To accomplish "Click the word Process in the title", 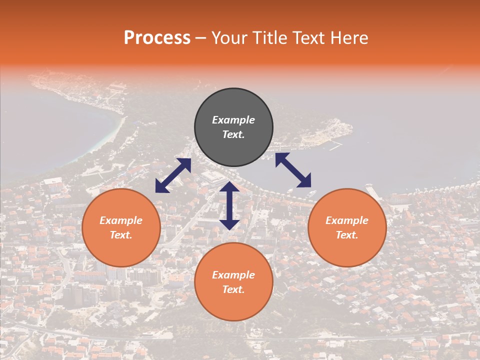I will click(x=157, y=38).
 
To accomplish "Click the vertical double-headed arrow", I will click(x=229, y=205).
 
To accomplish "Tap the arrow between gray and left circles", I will click(x=173, y=175).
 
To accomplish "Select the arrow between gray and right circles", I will click(x=293, y=170).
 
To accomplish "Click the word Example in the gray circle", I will click(x=233, y=120).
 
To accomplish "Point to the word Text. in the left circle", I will click(x=121, y=235).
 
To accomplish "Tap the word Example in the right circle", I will click(x=347, y=220).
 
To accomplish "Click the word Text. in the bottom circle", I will click(x=233, y=289).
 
